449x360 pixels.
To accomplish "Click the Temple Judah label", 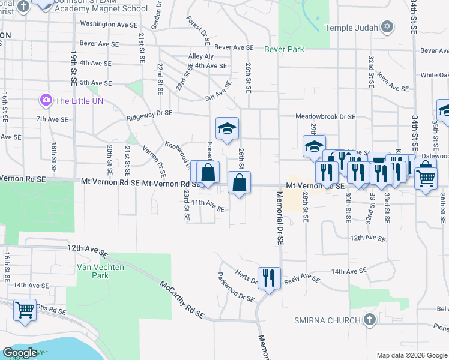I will click(352, 28).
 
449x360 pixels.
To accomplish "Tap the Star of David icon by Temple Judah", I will click(387, 28).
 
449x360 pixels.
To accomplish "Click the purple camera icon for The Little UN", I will click(46, 100).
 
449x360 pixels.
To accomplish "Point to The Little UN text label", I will click(79, 101).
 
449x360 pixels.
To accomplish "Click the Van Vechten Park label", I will click(93, 271).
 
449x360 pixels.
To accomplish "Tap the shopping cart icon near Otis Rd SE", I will click(25, 310).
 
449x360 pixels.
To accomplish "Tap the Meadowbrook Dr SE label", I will click(325, 117).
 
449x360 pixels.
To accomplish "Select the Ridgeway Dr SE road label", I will click(149, 115).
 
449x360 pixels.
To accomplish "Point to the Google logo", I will click(20, 353).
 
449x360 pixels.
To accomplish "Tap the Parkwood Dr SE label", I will click(237, 289).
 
